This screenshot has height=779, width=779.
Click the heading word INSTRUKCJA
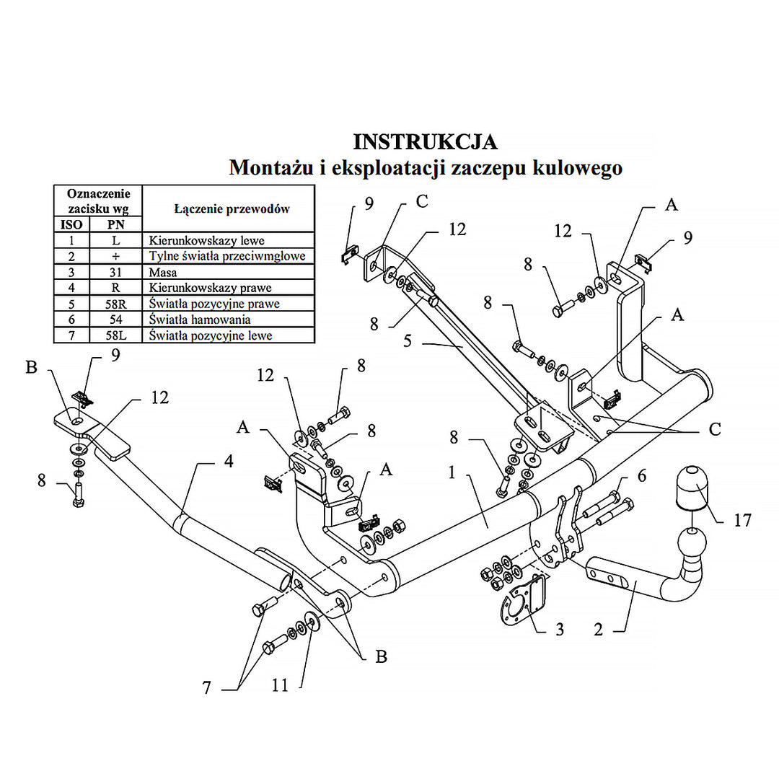[x=425, y=141]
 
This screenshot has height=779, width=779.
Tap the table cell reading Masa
[x=163, y=273]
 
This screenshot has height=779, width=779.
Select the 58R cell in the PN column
[x=115, y=304]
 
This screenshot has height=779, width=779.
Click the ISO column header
[x=71, y=224]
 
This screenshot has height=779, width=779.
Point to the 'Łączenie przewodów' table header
[x=232, y=209]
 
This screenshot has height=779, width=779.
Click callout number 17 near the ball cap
[x=742, y=519]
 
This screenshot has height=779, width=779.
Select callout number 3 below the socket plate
[x=560, y=630]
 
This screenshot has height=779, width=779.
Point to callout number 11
[x=280, y=685]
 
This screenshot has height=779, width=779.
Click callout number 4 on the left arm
[x=228, y=462]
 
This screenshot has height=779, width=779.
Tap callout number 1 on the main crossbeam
[x=452, y=473]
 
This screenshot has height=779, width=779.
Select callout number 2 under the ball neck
[x=598, y=629]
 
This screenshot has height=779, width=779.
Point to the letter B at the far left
[x=31, y=368]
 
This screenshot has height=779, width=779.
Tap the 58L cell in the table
[x=115, y=335]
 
